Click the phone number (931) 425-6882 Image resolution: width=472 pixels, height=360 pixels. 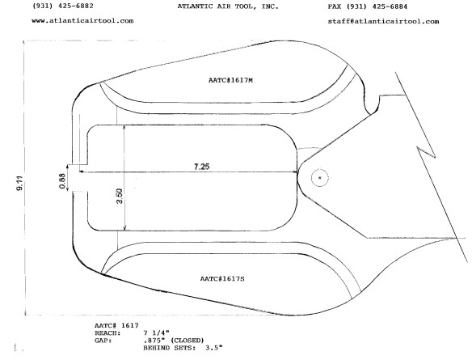62,6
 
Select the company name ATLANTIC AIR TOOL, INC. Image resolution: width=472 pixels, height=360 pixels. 228,6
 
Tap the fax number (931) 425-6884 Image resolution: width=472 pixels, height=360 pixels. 377,6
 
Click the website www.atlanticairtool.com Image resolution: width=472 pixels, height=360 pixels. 82,21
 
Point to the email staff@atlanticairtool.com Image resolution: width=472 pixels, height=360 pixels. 383,21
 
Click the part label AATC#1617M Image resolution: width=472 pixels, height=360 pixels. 230,80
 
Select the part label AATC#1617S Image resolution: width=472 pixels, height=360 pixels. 222,278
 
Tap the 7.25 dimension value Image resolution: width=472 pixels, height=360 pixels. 202,167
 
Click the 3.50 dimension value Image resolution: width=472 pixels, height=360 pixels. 120,196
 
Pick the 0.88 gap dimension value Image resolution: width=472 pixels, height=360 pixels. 62,181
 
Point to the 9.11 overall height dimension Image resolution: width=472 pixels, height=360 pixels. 20,184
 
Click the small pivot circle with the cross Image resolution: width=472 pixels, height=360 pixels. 320,178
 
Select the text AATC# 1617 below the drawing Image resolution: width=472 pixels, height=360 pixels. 117,326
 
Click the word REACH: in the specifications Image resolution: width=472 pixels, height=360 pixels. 107,333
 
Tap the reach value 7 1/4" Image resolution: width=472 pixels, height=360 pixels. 157,332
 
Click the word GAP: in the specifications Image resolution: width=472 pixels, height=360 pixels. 103,341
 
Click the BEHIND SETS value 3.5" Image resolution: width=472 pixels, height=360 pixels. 214,348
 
